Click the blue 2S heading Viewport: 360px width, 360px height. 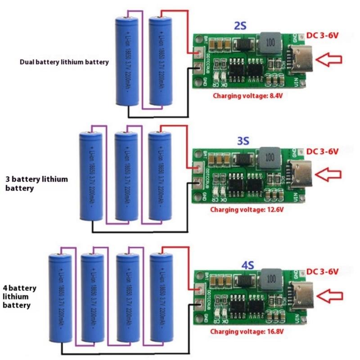(x=239, y=26)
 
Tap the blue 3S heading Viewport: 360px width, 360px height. (x=243, y=141)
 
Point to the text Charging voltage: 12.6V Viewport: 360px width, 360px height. (x=248, y=210)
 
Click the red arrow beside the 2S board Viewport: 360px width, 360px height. (x=329, y=59)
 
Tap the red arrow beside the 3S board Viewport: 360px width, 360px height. (x=329, y=173)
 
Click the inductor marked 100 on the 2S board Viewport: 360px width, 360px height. (x=269, y=43)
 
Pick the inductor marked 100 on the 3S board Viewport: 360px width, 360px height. (x=270, y=157)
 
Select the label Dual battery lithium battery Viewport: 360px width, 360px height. (x=64, y=62)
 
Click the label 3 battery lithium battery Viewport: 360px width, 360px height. (x=36, y=184)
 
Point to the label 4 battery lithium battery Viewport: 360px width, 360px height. (x=19, y=297)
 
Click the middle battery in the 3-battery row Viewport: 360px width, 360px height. (x=126, y=177)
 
